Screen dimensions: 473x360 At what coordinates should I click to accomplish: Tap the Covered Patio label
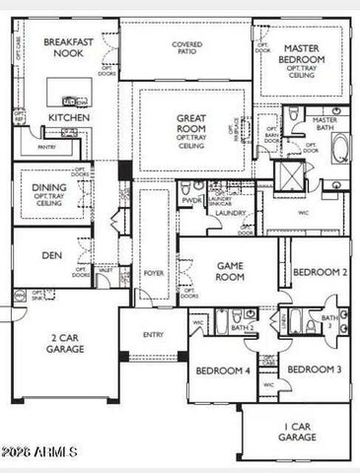click(187, 45)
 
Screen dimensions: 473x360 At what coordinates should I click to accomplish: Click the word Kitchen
click(69, 117)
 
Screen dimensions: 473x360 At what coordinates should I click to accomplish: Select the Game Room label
click(229, 271)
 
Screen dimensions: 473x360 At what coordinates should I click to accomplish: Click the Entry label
click(153, 335)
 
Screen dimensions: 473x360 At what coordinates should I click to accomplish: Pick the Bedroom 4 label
click(222, 371)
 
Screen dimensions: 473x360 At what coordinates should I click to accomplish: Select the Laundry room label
click(230, 213)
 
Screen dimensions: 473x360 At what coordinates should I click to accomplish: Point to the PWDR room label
click(191, 199)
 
